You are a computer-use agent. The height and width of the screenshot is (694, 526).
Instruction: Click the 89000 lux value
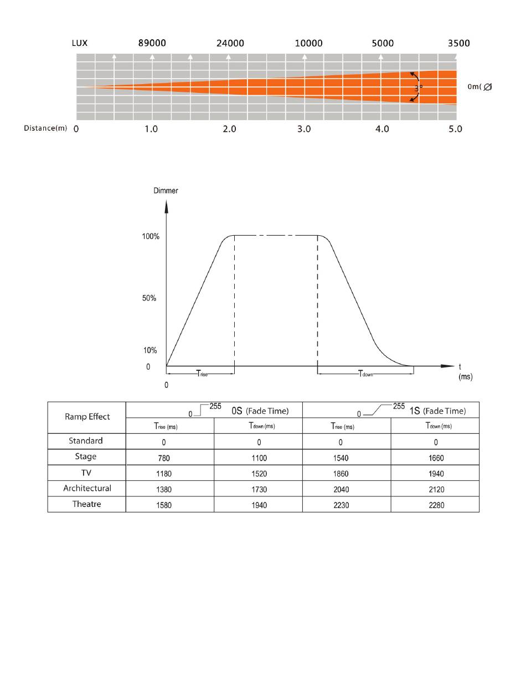(152, 43)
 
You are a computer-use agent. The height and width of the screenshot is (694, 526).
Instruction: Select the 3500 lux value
(458, 43)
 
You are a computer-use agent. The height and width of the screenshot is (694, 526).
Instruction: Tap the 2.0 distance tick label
(229, 129)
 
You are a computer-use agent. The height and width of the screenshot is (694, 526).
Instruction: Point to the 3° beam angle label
(419, 87)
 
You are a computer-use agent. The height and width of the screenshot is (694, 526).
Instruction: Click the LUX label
(80, 43)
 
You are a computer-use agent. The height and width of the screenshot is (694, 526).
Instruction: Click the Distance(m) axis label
(45, 128)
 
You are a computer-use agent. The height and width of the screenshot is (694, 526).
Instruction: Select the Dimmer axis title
(166, 190)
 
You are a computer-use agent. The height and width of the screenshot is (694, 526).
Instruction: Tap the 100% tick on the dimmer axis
(151, 236)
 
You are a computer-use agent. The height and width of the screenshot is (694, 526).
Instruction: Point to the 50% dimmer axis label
(149, 298)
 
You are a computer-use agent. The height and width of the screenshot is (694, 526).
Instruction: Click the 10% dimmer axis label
(150, 350)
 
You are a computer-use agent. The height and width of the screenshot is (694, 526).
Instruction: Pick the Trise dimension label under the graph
(202, 374)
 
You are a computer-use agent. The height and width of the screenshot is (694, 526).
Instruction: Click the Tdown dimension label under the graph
(365, 374)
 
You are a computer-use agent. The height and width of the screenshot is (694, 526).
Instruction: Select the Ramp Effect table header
(87, 417)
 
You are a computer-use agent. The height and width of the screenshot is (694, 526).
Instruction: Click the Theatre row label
(87, 504)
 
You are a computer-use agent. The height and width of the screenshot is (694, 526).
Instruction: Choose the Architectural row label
(87, 488)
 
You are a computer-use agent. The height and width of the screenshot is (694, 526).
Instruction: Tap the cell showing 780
(164, 458)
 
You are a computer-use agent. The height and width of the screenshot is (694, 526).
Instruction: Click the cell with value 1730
(259, 489)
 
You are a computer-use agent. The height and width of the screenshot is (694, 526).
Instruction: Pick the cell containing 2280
(436, 505)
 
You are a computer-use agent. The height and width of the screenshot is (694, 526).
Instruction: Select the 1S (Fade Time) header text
(438, 411)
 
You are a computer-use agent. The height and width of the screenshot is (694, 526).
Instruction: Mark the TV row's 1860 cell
(341, 474)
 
